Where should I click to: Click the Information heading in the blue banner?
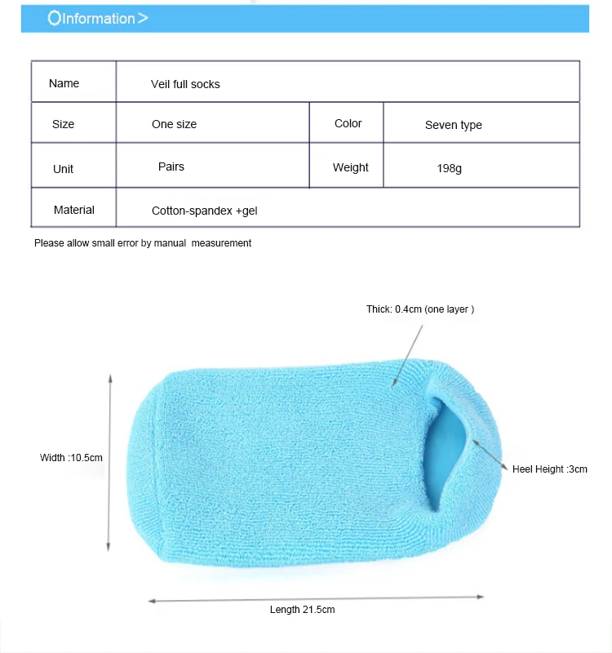(x=99, y=18)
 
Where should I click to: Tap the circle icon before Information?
(x=54, y=18)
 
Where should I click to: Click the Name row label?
(x=64, y=83)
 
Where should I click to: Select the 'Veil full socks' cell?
(x=185, y=84)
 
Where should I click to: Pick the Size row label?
(x=63, y=124)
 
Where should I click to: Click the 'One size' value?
(x=174, y=124)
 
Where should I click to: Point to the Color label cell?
(x=348, y=123)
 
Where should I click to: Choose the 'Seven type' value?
(x=453, y=125)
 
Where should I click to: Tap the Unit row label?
(x=63, y=169)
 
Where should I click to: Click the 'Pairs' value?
(x=171, y=167)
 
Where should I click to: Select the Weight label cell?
(x=350, y=167)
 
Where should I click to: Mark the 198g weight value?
(x=449, y=169)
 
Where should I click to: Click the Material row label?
(x=73, y=210)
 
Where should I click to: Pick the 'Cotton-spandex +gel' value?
(x=205, y=211)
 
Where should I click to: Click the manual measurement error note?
(x=143, y=242)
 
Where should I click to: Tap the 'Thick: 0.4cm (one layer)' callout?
(x=420, y=309)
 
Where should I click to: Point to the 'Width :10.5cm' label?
(x=72, y=457)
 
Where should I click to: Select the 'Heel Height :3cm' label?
(x=549, y=469)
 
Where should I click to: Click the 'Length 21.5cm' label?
(x=302, y=610)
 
